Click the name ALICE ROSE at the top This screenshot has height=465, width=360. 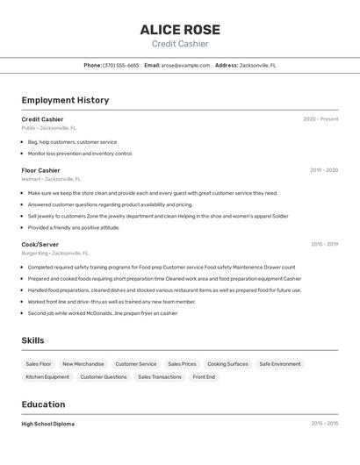pyautogui.click(x=180, y=30)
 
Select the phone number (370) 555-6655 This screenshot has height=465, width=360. pyautogui.click(x=121, y=65)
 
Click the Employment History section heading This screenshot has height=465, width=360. pyautogui.click(x=65, y=100)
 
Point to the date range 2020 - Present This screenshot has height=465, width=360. pyautogui.click(x=320, y=119)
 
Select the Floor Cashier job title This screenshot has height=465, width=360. pyautogui.click(x=40, y=170)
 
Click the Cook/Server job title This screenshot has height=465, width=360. pyautogui.click(x=40, y=244)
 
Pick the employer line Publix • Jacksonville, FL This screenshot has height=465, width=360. pyautogui.click(x=48, y=128)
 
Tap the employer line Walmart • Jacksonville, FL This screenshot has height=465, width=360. pyautogui.click(x=51, y=179)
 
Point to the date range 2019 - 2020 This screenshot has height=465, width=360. pyautogui.click(x=324, y=170)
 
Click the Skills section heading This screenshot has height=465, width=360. pyautogui.click(x=33, y=340)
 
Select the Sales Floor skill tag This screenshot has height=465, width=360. pyautogui.click(x=39, y=364)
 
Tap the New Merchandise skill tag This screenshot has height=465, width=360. pyautogui.click(x=83, y=364)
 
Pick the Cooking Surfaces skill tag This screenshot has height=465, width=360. pyautogui.click(x=227, y=364)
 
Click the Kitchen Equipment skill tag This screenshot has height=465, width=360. pyautogui.click(x=47, y=377)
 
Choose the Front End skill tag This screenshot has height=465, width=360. pyautogui.click(x=204, y=377)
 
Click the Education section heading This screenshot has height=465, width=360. pyautogui.click(x=43, y=404)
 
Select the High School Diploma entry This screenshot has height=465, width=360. pyautogui.click(x=47, y=424)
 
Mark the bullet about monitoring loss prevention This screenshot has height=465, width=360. pyautogui.click(x=80, y=154)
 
